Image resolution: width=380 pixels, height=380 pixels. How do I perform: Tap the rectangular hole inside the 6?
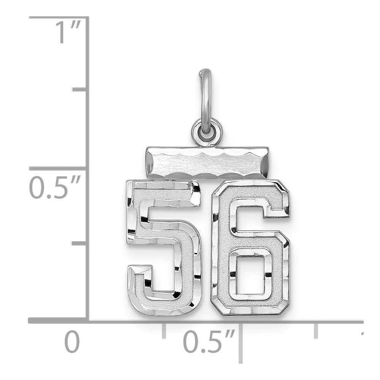tap(250, 272)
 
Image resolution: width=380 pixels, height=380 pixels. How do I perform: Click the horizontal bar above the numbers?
tap(207, 163)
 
